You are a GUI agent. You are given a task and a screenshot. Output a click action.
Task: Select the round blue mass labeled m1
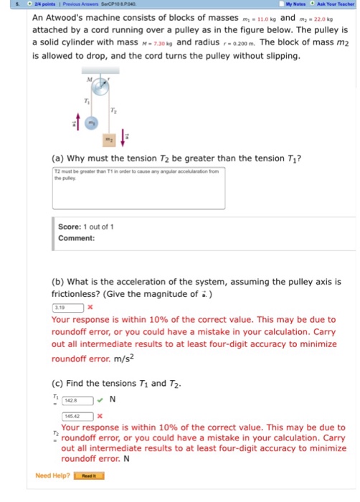(x=91, y=124)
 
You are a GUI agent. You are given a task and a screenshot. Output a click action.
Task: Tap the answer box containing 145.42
(x=77, y=415)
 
